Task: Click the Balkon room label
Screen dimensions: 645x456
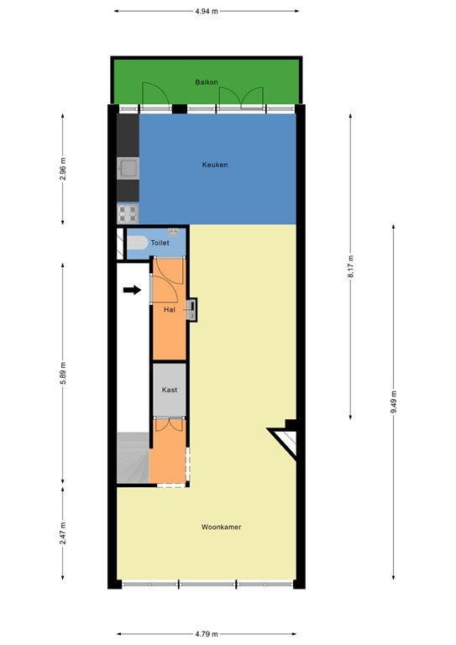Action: coord(207,82)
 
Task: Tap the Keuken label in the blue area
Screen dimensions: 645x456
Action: coord(215,165)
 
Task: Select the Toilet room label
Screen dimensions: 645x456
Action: coord(160,243)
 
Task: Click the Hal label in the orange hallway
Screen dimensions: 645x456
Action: coord(170,310)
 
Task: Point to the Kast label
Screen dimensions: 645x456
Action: coord(169,390)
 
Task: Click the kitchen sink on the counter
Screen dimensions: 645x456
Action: coord(128,169)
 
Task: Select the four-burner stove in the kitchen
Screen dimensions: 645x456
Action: coord(128,212)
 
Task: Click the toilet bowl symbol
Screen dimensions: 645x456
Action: coord(138,243)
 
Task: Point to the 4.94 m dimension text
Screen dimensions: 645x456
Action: coord(207,12)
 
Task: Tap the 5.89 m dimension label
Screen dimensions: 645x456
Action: coord(63,374)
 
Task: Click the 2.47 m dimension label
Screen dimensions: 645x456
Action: coord(63,533)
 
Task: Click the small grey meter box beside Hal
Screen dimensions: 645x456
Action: coord(192,309)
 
